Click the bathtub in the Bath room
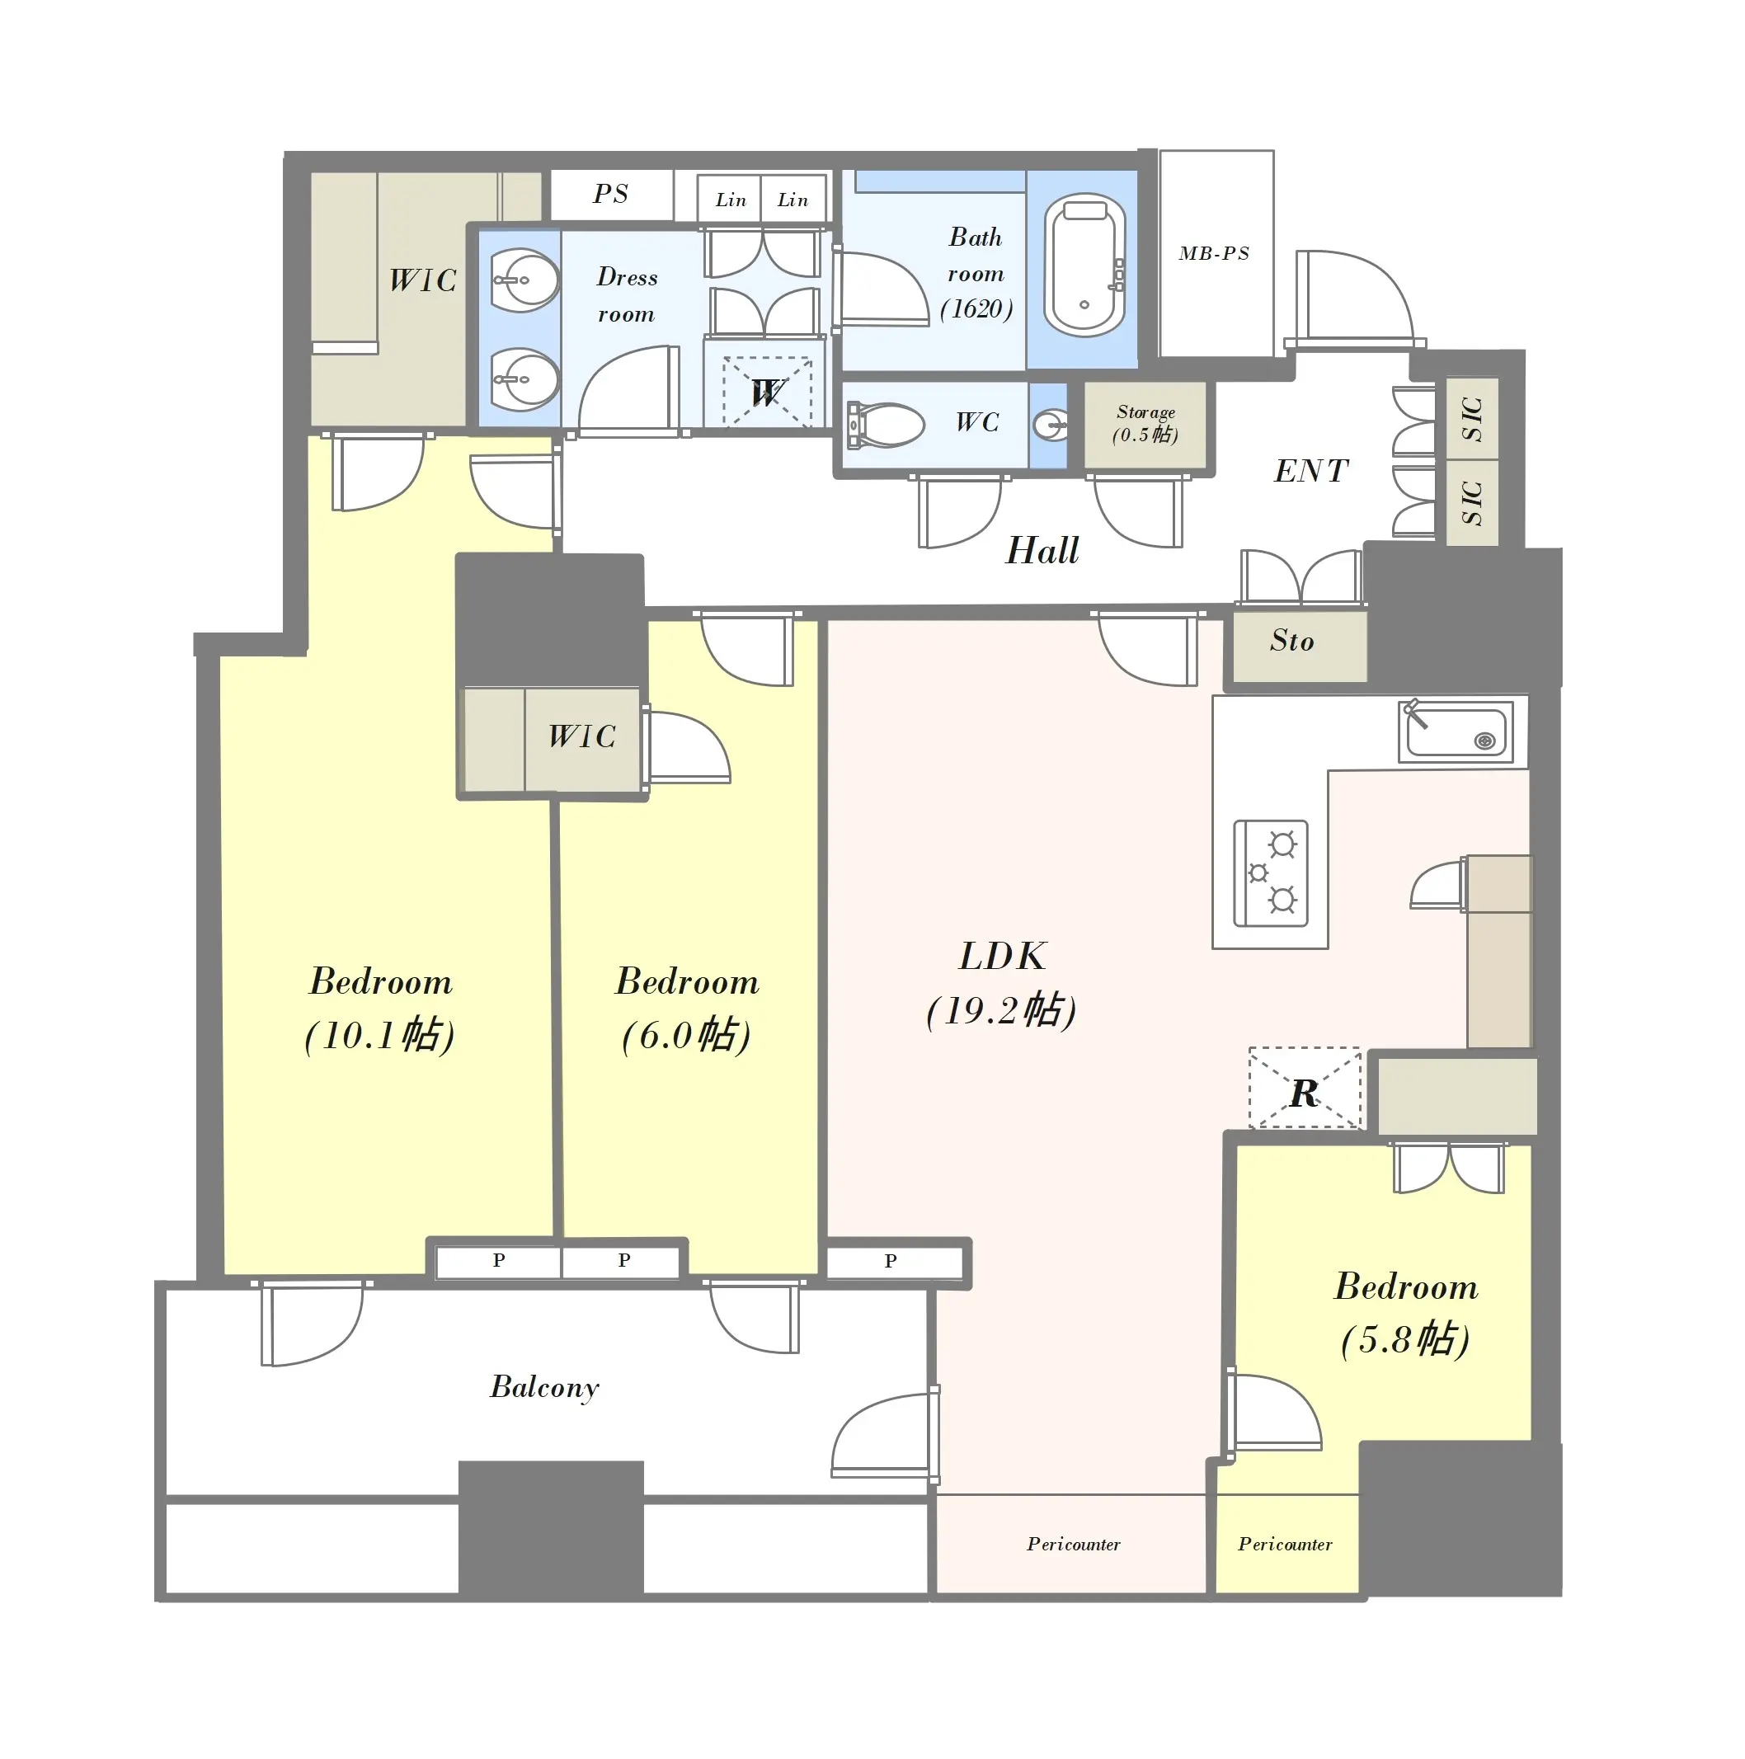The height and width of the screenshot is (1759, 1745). [1084, 265]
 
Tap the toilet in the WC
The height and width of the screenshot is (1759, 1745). [885, 426]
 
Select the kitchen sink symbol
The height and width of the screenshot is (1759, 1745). [1456, 731]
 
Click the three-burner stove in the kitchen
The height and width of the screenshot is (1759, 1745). [1270, 873]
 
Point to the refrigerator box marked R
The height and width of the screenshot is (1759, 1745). [1305, 1088]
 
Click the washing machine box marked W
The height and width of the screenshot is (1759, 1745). [766, 392]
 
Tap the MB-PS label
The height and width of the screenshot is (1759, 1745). [1213, 253]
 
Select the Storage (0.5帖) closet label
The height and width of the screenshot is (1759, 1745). [1145, 424]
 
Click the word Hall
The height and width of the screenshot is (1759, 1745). [1042, 551]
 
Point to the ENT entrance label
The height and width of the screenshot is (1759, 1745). [1310, 471]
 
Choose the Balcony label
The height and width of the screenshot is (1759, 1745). [544, 1386]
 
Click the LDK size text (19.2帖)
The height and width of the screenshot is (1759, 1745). [1001, 1010]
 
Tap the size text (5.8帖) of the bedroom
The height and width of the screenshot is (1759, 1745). [1405, 1339]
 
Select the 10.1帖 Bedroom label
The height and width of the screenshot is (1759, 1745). [380, 1008]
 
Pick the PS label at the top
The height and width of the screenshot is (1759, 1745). [611, 194]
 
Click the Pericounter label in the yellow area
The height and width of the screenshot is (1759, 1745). [1284, 1544]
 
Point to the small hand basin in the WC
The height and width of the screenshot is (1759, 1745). [1051, 424]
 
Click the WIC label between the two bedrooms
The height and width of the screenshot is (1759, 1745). [581, 736]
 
